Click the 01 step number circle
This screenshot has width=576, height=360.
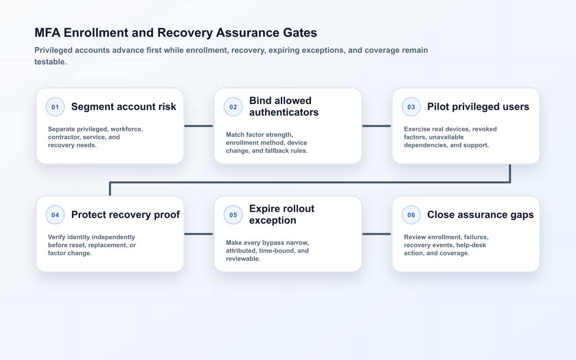click(x=55, y=107)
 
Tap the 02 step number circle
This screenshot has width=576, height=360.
click(x=233, y=107)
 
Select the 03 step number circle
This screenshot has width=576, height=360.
click(x=411, y=107)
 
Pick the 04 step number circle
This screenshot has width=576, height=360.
click(x=55, y=215)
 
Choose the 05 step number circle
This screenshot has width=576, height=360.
click(x=233, y=215)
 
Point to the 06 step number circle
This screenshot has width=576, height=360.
click(x=411, y=215)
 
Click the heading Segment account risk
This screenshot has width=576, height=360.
click(x=124, y=107)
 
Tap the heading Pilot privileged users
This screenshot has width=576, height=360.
click(x=478, y=107)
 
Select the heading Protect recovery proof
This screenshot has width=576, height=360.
click(x=125, y=215)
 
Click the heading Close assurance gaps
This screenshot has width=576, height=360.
click(x=480, y=215)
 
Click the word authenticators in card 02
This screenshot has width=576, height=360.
click(x=284, y=112)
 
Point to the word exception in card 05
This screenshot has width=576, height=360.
click(x=273, y=220)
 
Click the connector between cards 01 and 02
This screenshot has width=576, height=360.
click(x=199, y=126)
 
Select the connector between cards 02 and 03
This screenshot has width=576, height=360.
click(x=377, y=126)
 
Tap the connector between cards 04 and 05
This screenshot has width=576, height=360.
click(x=199, y=234)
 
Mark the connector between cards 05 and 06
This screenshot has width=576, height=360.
click(x=377, y=234)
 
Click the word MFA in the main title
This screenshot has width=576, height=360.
click(x=48, y=33)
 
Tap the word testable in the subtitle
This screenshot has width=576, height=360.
click(x=50, y=62)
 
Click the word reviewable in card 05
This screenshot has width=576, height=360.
click(x=243, y=259)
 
